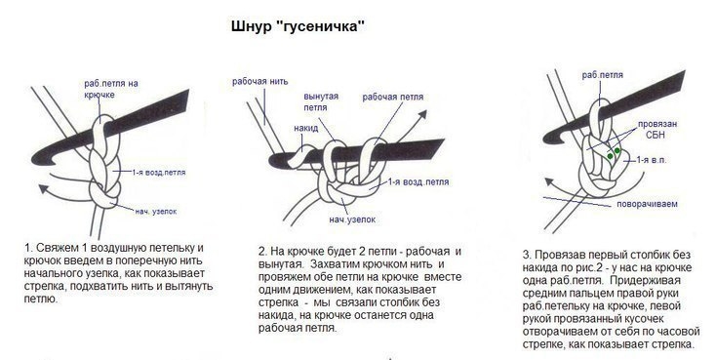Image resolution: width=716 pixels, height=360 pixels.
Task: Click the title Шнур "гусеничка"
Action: [x=298, y=26]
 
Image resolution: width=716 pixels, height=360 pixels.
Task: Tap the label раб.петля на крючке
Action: [x=111, y=89]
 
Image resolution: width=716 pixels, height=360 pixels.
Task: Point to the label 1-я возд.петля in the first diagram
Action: [x=159, y=173]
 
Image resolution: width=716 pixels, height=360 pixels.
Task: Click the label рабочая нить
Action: [x=259, y=82]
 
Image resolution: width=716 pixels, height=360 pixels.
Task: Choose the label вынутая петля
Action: [x=321, y=101]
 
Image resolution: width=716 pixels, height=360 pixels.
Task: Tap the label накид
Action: [x=305, y=128]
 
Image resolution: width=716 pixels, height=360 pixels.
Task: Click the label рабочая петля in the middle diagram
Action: [x=393, y=98]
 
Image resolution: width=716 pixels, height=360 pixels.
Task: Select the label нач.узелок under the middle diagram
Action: [x=352, y=220]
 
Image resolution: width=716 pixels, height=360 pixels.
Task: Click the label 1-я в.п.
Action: [x=652, y=160]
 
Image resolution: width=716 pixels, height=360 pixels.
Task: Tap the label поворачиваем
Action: [x=647, y=204]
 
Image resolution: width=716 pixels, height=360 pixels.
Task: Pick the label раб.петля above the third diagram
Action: [x=602, y=75]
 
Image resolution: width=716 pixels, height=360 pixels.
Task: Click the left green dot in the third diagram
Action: [x=610, y=156]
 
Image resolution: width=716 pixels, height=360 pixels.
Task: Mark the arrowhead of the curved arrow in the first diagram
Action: [x=44, y=188]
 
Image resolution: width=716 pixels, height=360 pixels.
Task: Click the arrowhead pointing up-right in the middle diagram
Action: [x=422, y=114]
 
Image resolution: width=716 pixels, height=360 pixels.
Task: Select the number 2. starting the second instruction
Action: [x=262, y=252]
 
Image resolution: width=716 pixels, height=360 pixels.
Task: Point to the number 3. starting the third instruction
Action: [x=527, y=255]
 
